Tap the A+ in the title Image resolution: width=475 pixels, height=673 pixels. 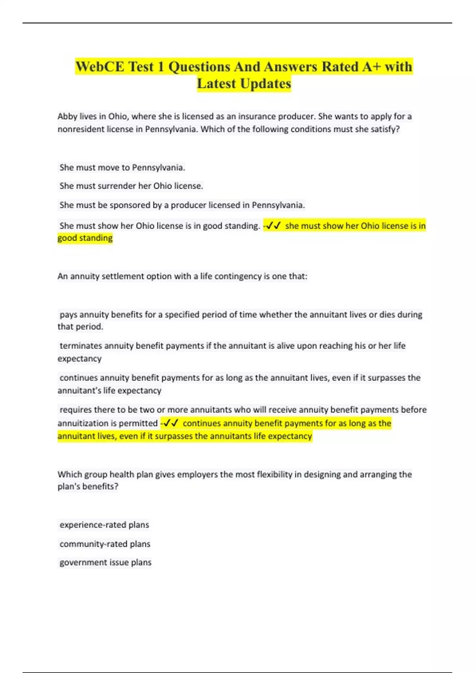click(371, 67)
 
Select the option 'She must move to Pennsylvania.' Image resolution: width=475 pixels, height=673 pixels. click(122, 167)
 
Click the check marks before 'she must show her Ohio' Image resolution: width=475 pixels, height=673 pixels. click(273, 226)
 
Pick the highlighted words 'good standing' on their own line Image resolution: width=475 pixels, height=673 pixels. click(85, 238)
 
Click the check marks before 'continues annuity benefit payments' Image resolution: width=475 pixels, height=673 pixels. click(171, 423)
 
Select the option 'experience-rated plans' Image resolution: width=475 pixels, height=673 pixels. click(104, 525)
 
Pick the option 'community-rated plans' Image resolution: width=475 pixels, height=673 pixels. click(105, 544)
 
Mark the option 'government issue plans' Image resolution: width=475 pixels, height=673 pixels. click(105, 563)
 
